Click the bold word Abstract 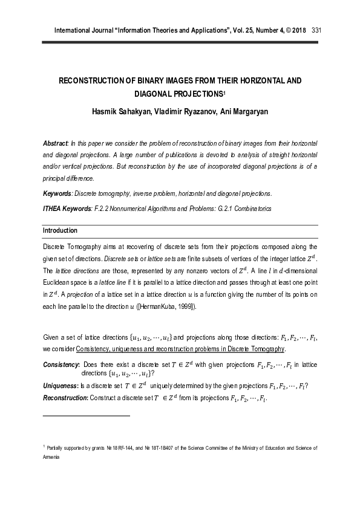pyautogui.click(x=55, y=142)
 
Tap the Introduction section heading pyautogui.click(x=60, y=230)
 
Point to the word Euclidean pyautogui.click(x=59, y=282)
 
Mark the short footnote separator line pyautogui.click(x=87, y=416)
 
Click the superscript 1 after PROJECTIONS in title pyautogui.click(x=224, y=92)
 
